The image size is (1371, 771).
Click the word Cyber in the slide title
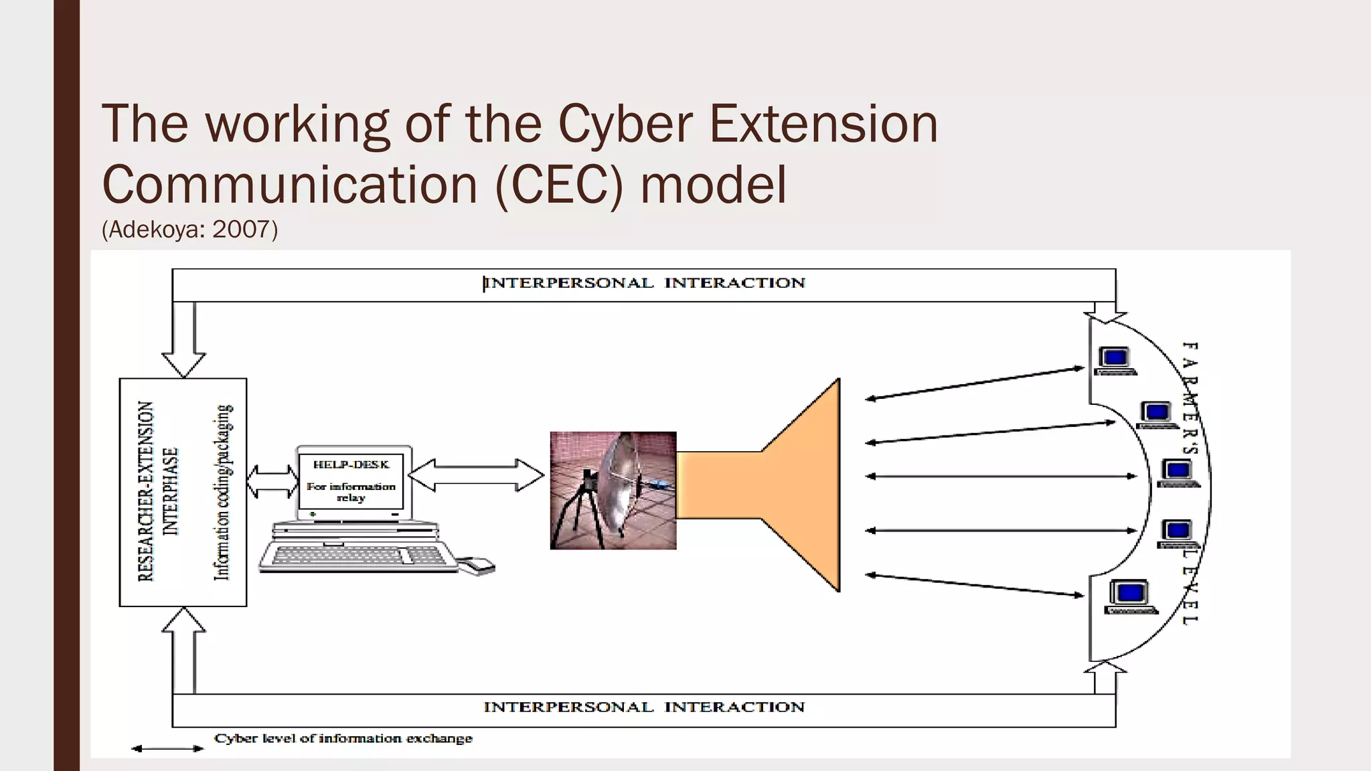click(624, 125)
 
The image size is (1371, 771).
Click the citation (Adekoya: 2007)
click(189, 230)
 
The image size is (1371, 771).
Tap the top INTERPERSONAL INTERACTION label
click(644, 283)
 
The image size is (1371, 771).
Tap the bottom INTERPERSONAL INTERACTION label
click(644, 707)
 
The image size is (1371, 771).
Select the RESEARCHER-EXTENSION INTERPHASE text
click(158, 491)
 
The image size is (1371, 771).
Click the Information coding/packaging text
click(223, 491)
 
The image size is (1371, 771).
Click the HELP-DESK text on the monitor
click(351, 465)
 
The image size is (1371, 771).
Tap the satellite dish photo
click(613, 491)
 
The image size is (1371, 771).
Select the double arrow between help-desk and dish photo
click(475, 475)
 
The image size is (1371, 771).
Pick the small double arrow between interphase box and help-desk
click(272, 481)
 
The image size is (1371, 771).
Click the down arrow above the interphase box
click(183, 341)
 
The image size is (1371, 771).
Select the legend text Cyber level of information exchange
click(343, 739)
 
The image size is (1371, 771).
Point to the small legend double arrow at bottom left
click(167, 749)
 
